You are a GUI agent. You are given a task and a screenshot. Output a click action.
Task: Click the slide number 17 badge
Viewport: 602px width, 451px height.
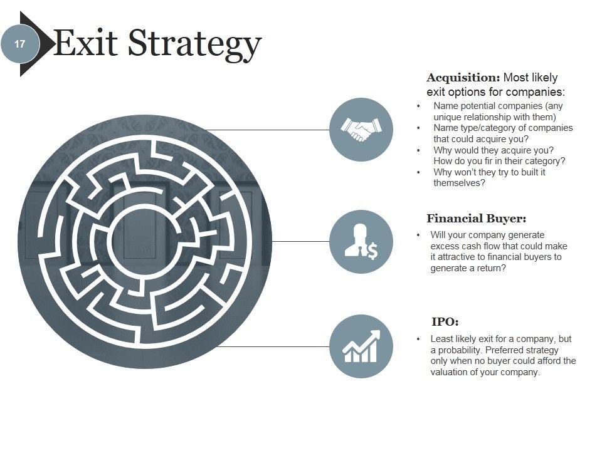[19, 44]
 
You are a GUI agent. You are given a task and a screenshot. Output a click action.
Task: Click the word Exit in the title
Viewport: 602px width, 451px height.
[86, 43]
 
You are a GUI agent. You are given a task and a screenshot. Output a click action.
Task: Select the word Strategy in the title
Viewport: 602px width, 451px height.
[194, 44]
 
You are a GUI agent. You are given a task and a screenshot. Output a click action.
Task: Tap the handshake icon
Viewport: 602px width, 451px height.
[361, 130]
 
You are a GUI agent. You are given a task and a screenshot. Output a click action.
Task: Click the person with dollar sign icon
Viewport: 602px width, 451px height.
[361, 242]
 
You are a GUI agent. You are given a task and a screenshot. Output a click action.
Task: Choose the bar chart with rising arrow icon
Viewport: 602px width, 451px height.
[361, 346]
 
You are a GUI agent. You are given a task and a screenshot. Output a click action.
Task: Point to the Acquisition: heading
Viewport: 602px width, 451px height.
[463, 78]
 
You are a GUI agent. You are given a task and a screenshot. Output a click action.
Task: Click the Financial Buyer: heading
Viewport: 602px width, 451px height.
[476, 219]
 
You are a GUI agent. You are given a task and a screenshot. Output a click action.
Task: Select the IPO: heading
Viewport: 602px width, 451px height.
[445, 322]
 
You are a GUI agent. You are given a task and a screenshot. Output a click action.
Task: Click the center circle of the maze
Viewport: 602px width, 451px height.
[144, 241]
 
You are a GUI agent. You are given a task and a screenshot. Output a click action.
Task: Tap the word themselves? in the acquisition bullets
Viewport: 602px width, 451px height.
[459, 183]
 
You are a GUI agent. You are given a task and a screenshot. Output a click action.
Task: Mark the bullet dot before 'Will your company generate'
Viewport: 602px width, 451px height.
[418, 235]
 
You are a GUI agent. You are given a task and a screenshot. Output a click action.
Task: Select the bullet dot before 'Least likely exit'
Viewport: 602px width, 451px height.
[418, 339]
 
